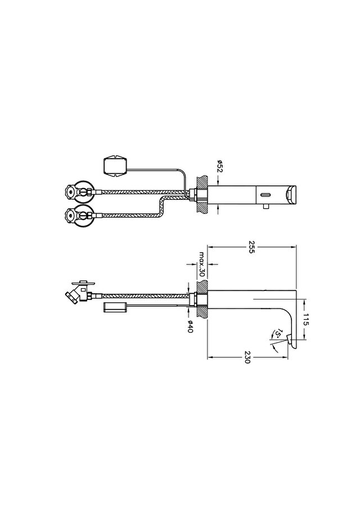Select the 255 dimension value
[x=251, y=247]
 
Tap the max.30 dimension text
[x=202, y=264]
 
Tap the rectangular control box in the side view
[x=115, y=307]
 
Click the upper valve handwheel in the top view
[x=70, y=191]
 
